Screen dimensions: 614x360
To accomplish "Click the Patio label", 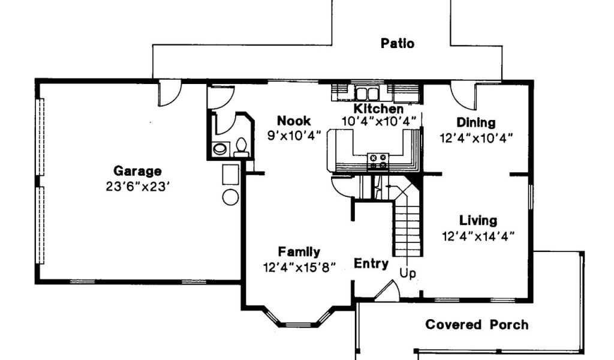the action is [397, 43].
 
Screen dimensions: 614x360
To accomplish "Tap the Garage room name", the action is [137, 171].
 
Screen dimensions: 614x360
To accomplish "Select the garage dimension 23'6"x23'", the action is [137, 187].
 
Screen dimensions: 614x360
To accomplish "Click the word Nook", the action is [294, 121].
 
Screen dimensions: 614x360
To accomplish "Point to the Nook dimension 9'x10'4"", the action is [294, 136].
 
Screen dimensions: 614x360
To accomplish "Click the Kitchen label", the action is [379, 109].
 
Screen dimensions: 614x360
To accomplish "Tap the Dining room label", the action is [475, 123].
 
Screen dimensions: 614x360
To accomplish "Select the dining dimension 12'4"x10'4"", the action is [476, 139].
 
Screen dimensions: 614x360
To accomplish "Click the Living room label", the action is [478, 221].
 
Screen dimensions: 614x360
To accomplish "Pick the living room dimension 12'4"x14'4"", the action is [478, 236].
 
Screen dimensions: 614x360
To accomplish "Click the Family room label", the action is [299, 252].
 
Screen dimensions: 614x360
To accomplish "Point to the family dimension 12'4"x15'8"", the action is [300, 268].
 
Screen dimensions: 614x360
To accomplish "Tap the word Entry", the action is [371, 263].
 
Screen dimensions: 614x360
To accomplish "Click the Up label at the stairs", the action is [408, 273].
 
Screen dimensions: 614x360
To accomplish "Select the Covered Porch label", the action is [477, 325].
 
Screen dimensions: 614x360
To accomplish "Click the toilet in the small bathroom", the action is [241, 147].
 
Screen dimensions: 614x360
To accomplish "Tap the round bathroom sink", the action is [219, 149].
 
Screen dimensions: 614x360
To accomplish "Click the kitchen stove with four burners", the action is [378, 161].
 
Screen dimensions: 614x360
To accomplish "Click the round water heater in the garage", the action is [231, 197].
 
